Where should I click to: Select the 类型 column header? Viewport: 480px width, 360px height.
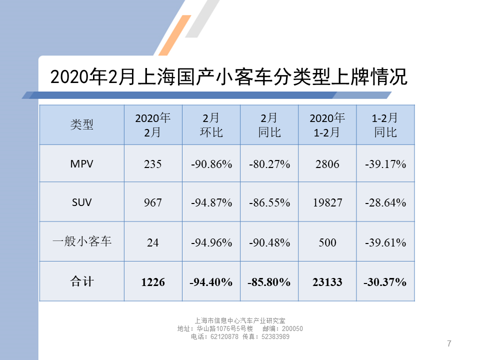click(81, 124)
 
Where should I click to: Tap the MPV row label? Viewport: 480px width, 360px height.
click(81, 163)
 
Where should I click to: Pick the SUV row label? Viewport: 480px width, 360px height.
click(81, 202)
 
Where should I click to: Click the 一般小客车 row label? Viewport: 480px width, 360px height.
click(81, 241)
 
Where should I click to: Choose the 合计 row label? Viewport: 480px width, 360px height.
click(81, 281)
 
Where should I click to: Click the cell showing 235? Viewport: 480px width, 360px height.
click(152, 163)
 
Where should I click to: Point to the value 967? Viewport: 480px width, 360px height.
click(152, 202)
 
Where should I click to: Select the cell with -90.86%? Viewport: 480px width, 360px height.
click(211, 163)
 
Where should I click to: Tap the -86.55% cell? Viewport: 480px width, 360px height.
click(269, 202)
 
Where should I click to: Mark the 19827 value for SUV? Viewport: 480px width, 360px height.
click(327, 202)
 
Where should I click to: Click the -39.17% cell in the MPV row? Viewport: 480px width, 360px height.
click(385, 163)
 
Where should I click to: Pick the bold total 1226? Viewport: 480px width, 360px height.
click(152, 282)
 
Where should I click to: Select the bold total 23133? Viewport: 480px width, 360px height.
click(327, 282)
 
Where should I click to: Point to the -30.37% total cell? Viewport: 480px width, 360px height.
click(385, 282)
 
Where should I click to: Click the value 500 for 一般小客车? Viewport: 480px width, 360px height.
click(327, 242)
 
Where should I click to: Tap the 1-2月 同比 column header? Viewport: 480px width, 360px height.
click(385, 125)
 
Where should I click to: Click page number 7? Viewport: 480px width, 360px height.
click(449, 343)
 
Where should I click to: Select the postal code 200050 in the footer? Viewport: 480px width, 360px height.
click(292, 328)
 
